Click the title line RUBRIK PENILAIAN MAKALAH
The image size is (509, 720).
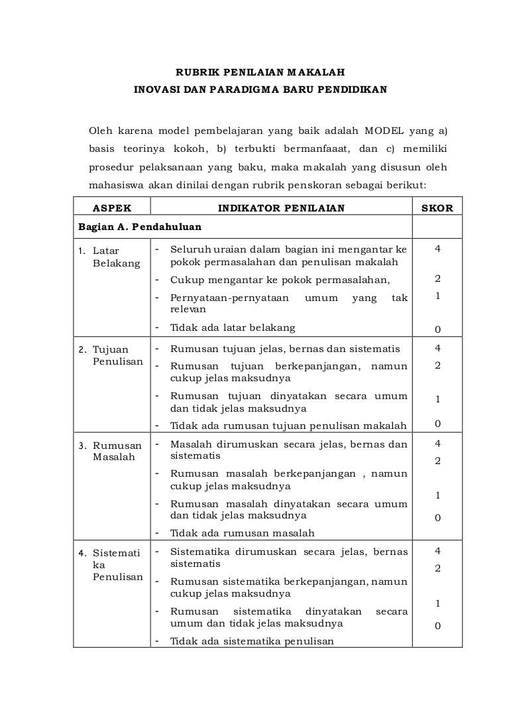point(260,71)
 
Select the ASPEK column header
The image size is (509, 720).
point(111,208)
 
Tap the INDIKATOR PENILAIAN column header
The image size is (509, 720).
point(282,208)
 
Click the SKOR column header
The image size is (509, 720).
point(437,208)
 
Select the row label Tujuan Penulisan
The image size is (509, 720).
point(118,355)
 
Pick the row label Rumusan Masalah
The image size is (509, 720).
point(117,451)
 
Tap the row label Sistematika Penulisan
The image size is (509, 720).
point(118,564)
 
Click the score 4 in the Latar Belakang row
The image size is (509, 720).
point(437,249)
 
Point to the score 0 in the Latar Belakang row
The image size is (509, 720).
point(437,328)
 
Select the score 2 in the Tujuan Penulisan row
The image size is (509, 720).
point(437,365)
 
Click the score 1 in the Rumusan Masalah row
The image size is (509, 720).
point(437,495)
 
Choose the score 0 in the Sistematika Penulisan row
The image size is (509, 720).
point(437,625)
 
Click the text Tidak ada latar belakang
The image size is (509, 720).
point(233,328)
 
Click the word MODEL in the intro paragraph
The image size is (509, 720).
point(386,129)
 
